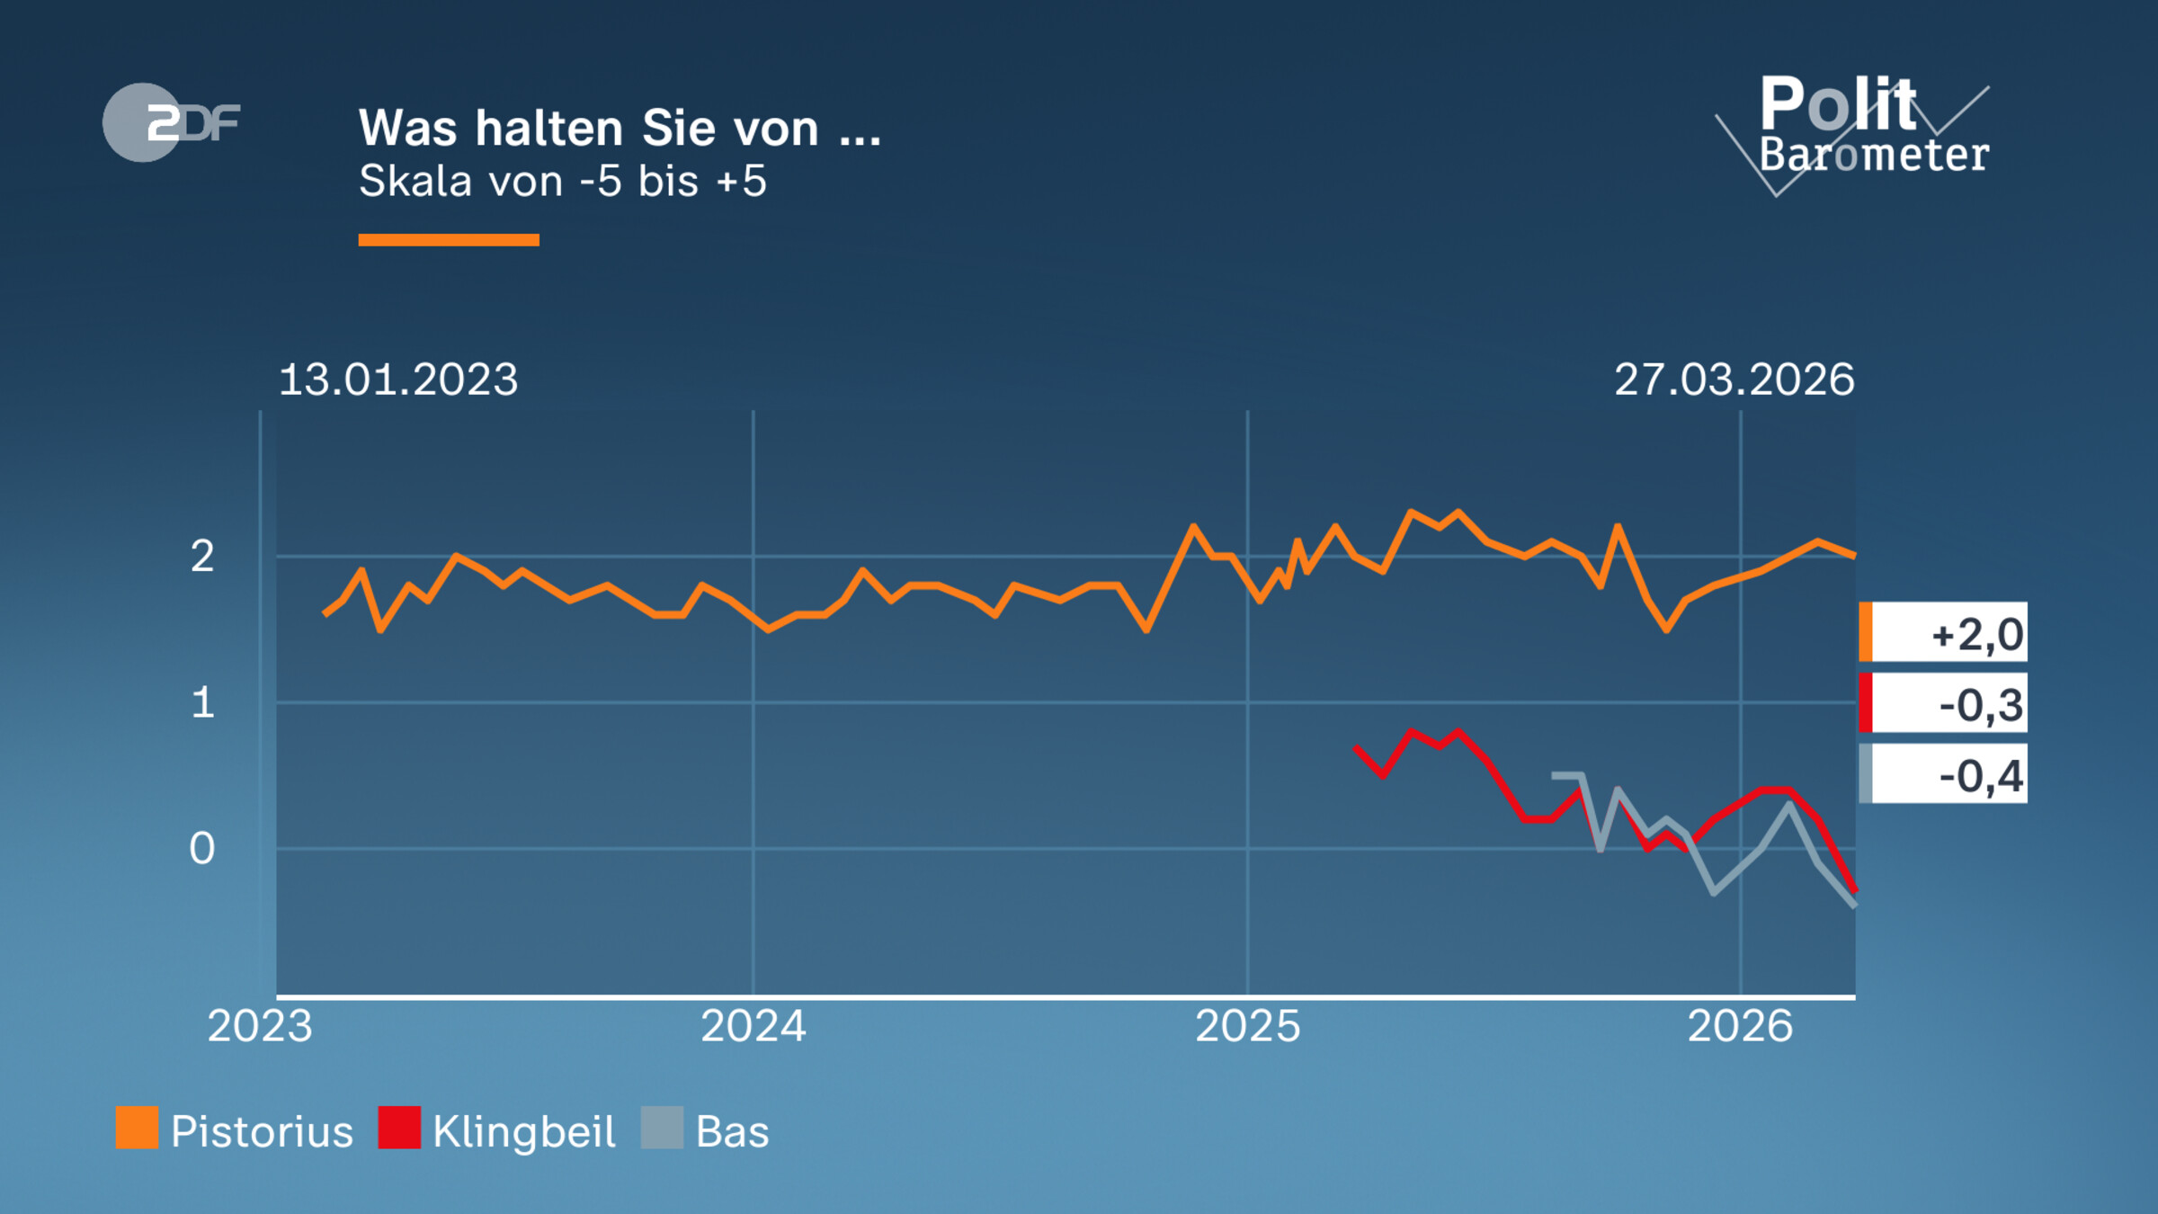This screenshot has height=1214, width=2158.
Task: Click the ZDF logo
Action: (x=171, y=122)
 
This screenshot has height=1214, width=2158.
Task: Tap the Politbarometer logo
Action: (x=1861, y=130)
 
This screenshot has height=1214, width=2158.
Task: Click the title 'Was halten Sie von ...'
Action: (x=620, y=128)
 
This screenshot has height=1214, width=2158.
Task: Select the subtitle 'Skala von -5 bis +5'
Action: (x=563, y=182)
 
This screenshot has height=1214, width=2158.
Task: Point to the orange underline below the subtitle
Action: (x=449, y=240)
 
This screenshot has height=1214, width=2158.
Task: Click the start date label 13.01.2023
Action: (x=398, y=379)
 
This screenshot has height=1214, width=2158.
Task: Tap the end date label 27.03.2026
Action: (x=1734, y=379)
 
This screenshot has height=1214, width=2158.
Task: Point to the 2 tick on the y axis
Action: (x=202, y=557)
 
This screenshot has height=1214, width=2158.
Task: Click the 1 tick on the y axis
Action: (x=202, y=702)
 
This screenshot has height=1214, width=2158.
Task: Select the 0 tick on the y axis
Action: (x=202, y=848)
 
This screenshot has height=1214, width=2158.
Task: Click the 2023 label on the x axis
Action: (x=260, y=1026)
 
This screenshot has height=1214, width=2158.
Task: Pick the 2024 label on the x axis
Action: (x=754, y=1026)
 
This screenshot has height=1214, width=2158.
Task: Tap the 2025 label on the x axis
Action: (x=1247, y=1026)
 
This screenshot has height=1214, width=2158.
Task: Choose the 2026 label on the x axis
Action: (x=1740, y=1026)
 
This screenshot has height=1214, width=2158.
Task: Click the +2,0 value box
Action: (x=1944, y=632)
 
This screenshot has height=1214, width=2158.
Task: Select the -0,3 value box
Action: (x=1944, y=703)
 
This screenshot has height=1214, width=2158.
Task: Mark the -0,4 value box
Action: (x=1944, y=774)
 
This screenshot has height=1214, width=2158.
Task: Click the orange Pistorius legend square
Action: (x=137, y=1128)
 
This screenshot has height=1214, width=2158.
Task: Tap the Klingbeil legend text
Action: (x=523, y=1132)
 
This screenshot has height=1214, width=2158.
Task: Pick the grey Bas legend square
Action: (x=662, y=1128)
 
